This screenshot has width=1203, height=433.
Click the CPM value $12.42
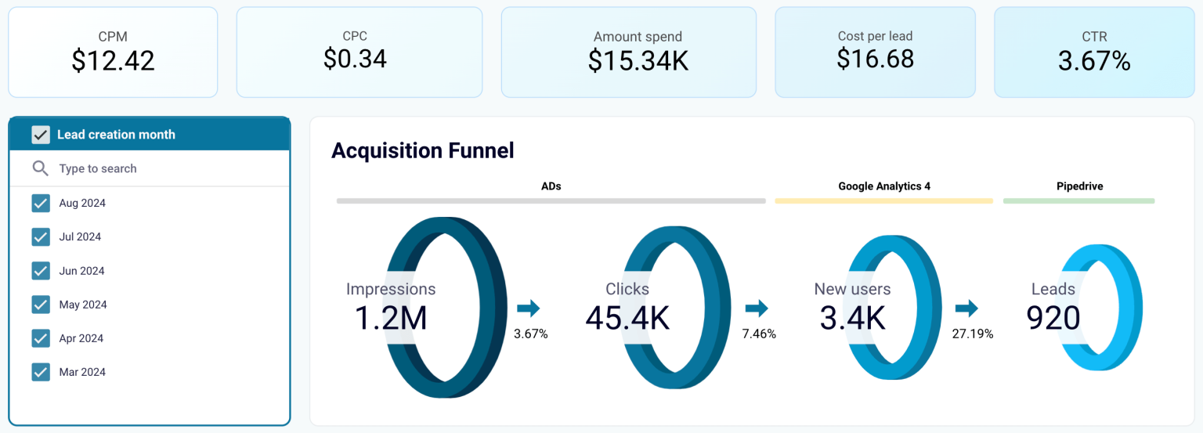(x=113, y=61)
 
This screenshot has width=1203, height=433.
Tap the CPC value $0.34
(x=355, y=59)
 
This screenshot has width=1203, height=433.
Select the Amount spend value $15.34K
(x=638, y=61)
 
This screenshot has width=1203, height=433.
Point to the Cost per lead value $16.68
(x=875, y=59)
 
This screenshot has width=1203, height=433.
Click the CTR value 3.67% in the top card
(x=1094, y=61)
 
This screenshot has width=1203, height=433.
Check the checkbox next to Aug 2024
(x=41, y=204)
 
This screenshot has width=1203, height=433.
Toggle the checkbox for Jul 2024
(x=41, y=237)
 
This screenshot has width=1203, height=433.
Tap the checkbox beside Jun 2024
(x=41, y=271)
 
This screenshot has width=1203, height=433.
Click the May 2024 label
(x=83, y=305)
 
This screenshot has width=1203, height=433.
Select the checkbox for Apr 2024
(x=41, y=338)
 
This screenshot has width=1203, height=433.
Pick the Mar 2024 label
(x=82, y=372)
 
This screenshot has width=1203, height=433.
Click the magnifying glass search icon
(x=41, y=168)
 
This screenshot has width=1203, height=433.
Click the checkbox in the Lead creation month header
(x=41, y=135)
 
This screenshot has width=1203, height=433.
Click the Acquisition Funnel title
(x=422, y=150)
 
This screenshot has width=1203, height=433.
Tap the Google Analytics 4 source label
(x=883, y=186)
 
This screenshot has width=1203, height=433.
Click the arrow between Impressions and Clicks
(x=529, y=308)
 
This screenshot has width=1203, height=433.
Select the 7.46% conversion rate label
(x=759, y=334)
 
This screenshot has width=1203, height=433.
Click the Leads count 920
(x=1053, y=318)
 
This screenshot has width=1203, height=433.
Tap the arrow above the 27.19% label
(x=966, y=308)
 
